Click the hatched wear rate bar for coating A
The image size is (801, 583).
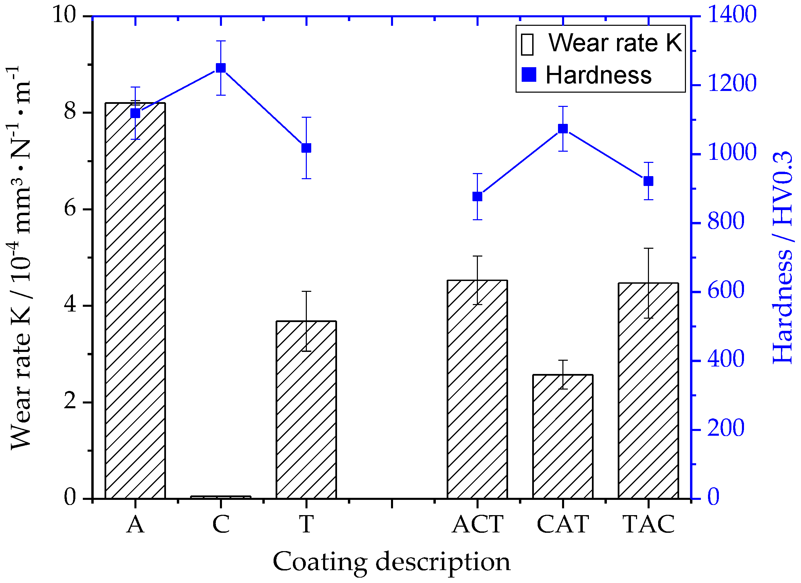click(x=135, y=300)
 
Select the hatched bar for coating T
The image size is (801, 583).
click(x=306, y=410)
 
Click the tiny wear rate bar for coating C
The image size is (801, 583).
click(x=221, y=497)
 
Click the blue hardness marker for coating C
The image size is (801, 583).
click(x=221, y=68)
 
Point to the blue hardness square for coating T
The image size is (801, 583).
click(x=306, y=148)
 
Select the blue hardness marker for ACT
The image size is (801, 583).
click(x=477, y=197)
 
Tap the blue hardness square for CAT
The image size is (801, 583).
click(x=563, y=129)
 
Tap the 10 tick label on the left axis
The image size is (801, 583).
click(x=64, y=15)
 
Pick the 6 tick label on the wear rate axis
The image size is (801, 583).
click(x=70, y=209)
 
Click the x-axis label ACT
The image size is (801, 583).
click(x=478, y=524)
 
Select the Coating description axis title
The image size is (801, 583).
click(x=392, y=562)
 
